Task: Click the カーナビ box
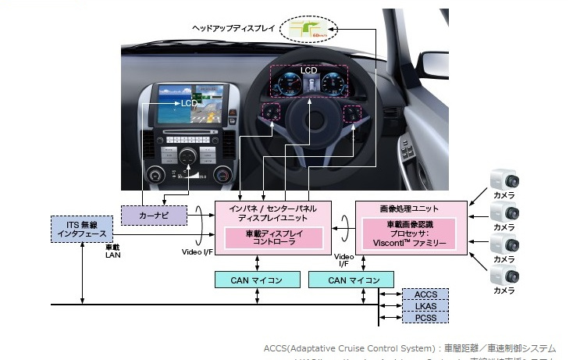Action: click(155, 213)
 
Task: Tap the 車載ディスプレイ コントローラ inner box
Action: click(273, 238)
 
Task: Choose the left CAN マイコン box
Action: click(249, 280)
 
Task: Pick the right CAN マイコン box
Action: click(343, 280)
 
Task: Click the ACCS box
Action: click(425, 294)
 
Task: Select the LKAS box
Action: click(425, 306)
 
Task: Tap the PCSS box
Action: click(425, 318)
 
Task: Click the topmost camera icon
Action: click(504, 183)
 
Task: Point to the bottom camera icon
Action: click(504, 276)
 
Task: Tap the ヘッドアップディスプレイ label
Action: click(233, 28)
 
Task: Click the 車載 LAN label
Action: click(114, 250)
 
